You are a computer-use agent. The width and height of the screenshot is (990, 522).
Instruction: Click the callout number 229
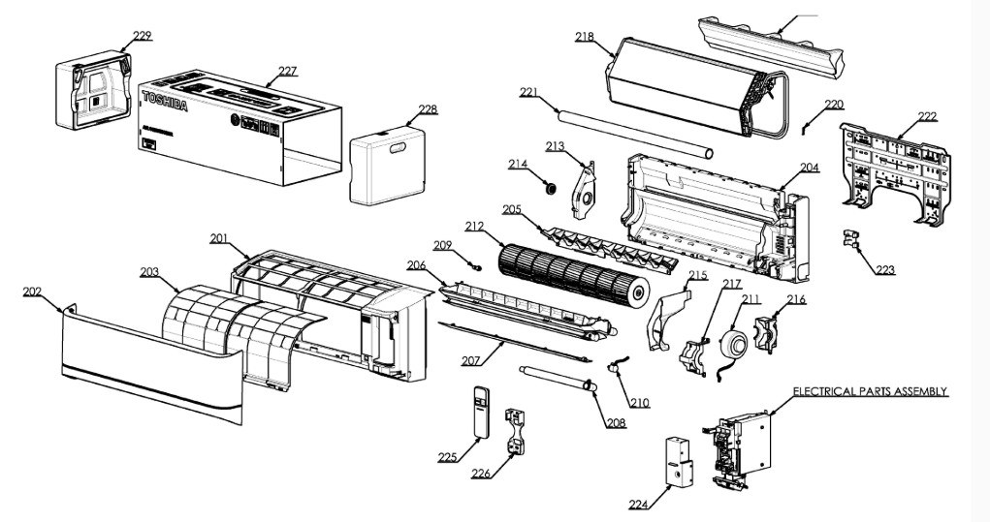[142, 36]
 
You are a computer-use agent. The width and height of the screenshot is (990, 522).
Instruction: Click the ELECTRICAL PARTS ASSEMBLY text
[870, 391]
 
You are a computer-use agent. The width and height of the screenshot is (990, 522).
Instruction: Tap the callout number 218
[584, 37]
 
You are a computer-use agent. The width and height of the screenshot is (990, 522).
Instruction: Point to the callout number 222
[927, 116]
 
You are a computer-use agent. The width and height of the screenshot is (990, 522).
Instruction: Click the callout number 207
[471, 360]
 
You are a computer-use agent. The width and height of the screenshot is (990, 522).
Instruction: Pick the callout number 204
[810, 168]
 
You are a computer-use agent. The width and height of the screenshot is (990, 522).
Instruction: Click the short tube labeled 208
[556, 378]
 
